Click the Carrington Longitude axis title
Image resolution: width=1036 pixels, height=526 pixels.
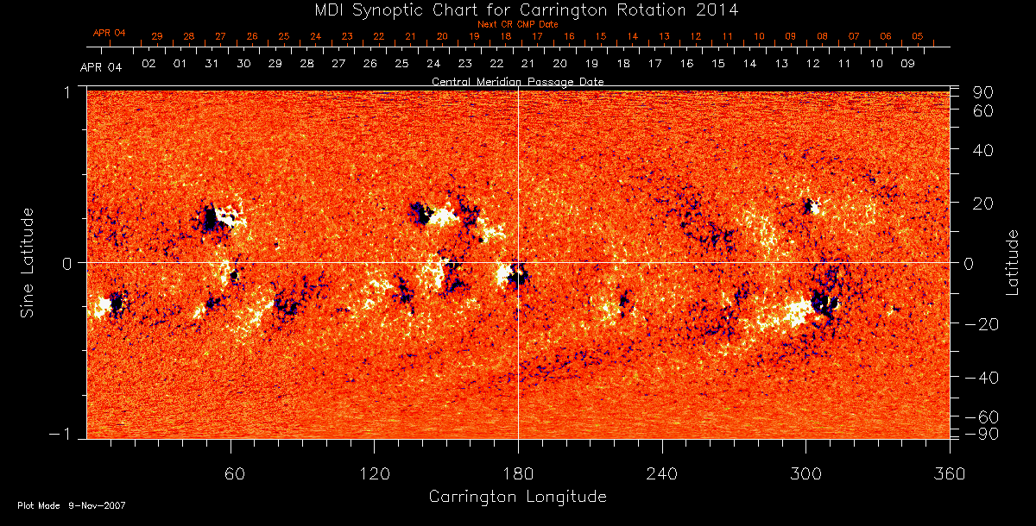pyautogui.click(x=517, y=497)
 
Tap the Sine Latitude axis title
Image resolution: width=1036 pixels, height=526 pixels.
pyautogui.click(x=28, y=262)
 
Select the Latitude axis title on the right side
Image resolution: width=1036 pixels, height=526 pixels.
pyautogui.click(x=1012, y=262)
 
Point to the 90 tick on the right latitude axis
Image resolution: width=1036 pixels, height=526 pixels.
pyautogui.click(x=985, y=92)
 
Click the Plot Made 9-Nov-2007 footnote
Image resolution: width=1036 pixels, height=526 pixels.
pyautogui.click(x=72, y=505)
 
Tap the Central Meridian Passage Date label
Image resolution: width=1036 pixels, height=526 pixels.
pyautogui.click(x=517, y=82)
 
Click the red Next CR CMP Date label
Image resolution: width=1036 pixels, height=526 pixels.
pyautogui.click(x=518, y=24)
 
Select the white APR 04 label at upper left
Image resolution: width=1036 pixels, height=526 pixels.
pyautogui.click(x=101, y=67)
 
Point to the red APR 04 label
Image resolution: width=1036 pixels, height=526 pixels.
pyautogui.click(x=110, y=33)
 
